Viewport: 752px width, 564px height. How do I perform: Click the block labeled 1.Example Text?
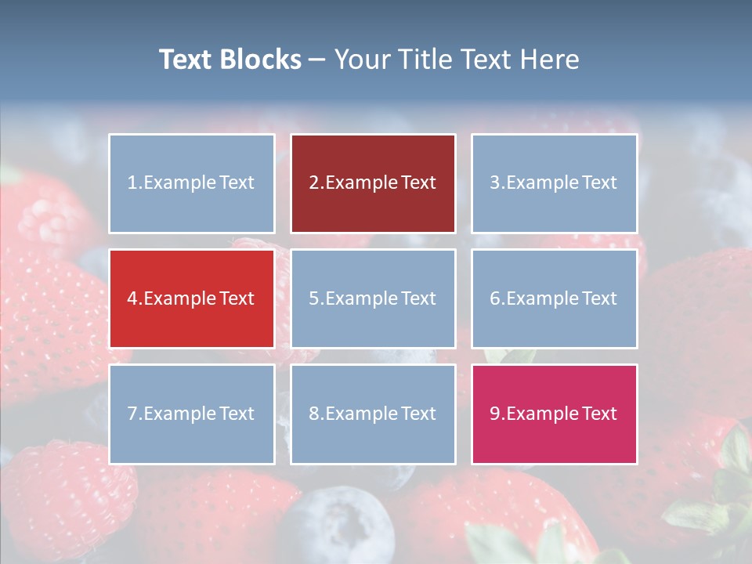click(192, 183)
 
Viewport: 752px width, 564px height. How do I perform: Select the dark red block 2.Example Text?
click(373, 183)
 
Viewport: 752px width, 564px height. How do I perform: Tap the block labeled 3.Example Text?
click(554, 183)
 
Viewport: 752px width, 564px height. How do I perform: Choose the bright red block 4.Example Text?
click(192, 298)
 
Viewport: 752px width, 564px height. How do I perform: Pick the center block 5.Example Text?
click(373, 298)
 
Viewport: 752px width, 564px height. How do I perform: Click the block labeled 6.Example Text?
click(554, 298)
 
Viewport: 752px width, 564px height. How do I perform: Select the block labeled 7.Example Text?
click(192, 414)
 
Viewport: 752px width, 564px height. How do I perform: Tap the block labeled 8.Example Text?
click(373, 414)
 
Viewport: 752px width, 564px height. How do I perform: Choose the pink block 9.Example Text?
click(554, 414)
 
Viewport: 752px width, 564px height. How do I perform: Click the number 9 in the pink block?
click(495, 414)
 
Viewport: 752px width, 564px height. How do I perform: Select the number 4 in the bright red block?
click(132, 298)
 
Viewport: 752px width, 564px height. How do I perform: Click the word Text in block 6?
click(599, 298)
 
